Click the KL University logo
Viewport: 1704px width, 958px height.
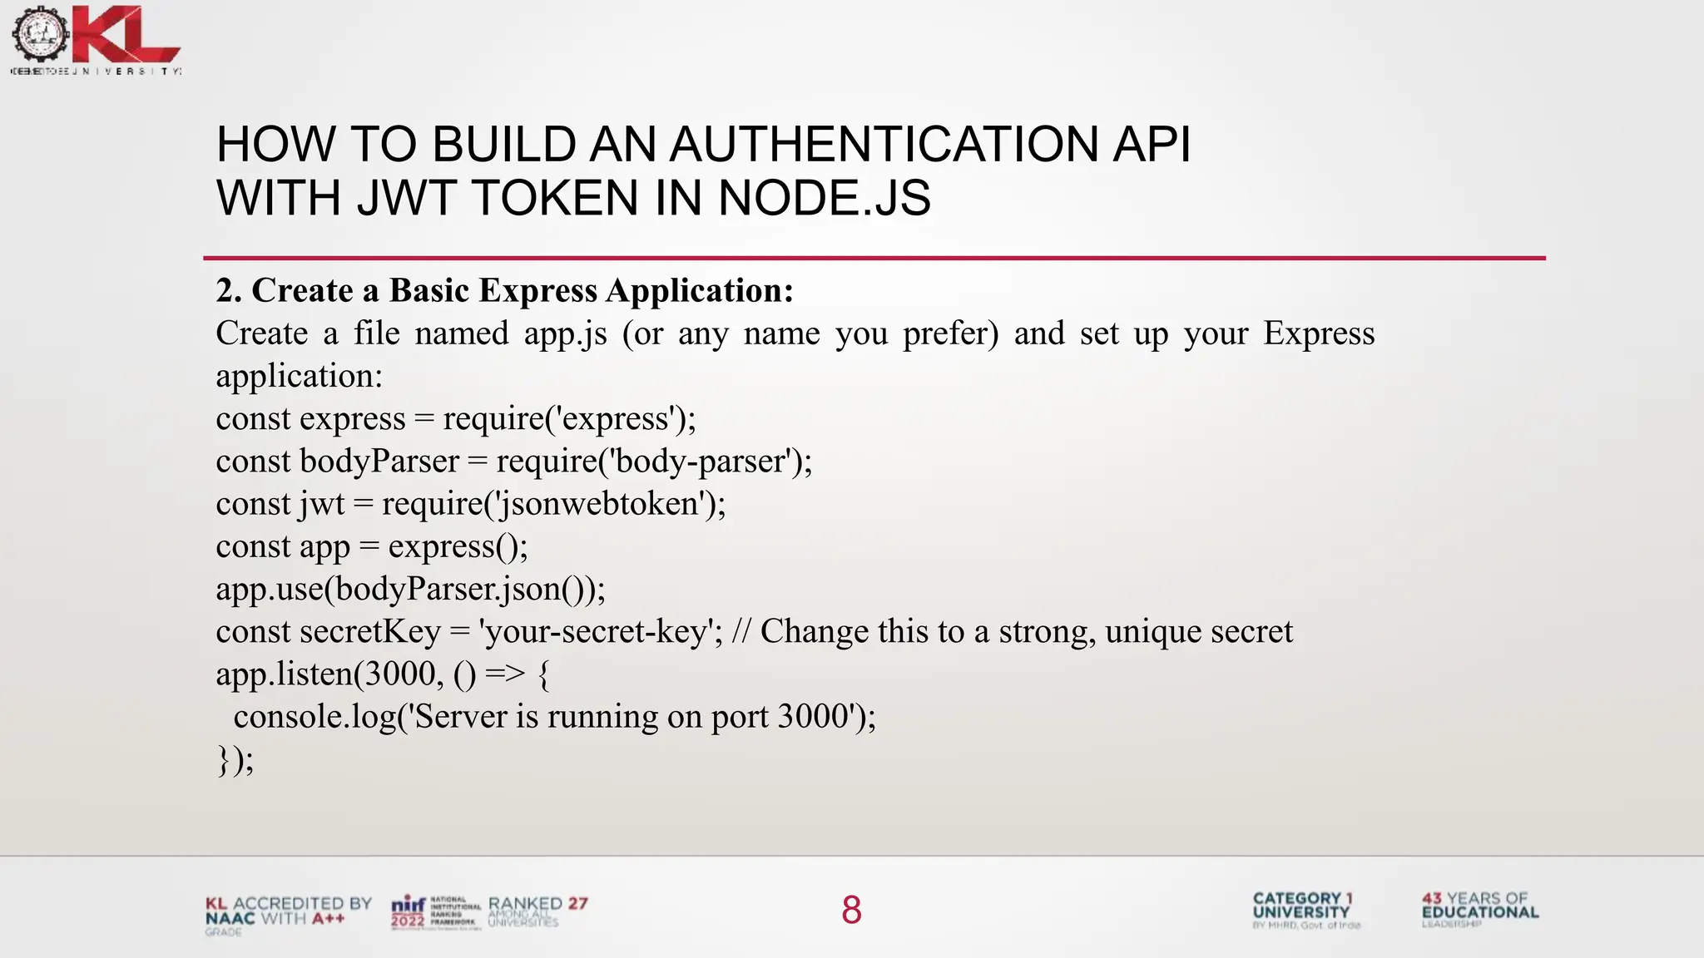(96, 37)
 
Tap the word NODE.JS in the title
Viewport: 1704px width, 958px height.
(824, 198)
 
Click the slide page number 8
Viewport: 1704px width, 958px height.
(851, 910)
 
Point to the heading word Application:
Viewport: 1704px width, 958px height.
(700, 290)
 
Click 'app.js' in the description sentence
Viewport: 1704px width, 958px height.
(565, 333)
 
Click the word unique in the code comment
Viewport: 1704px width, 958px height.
(1152, 632)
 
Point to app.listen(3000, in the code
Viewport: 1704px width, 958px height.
(329, 674)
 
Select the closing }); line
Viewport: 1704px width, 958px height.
(235, 759)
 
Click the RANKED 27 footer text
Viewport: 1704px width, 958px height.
(537, 904)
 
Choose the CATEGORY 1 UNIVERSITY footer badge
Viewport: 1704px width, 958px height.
(1302, 906)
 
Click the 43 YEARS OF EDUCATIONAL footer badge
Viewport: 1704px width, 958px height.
(1479, 906)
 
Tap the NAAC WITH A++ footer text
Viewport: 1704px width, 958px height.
(275, 919)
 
